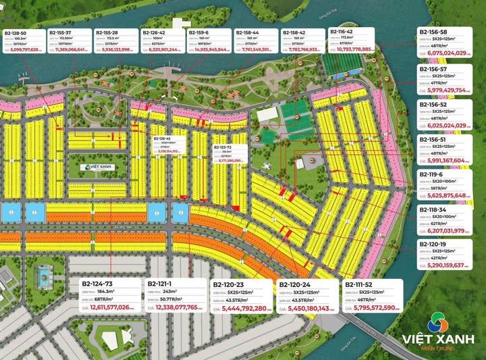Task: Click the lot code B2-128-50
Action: pos(16,32)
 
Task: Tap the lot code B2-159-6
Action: pos(198,32)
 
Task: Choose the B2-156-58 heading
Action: pos(433,31)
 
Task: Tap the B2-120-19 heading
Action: pos(433,244)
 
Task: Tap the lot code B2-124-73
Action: pos(97,284)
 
